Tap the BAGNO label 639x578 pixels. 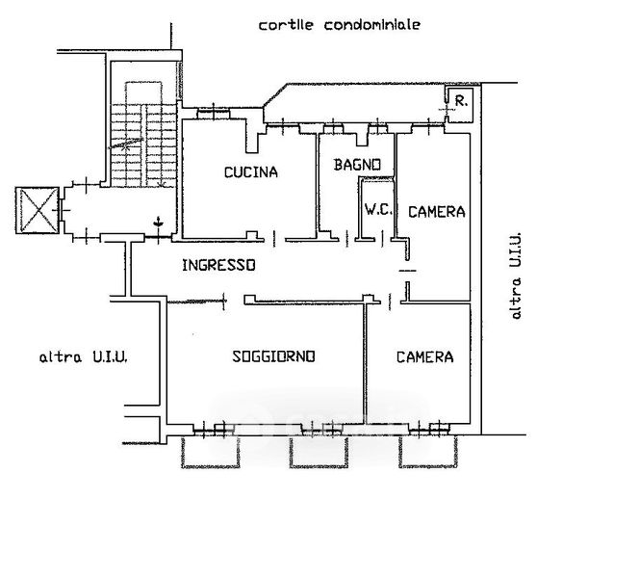[x=358, y=165]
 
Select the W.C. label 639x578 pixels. [x=375, y=208]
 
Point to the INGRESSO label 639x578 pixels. [x=218, y=265]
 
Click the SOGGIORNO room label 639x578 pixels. [x=274, y=356]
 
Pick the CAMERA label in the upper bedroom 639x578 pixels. [x=436, y=211]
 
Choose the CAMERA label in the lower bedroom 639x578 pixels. [x=424, y=356]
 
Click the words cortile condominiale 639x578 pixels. [x=339, y=26]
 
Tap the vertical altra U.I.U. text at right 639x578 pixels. [x=517, y=276]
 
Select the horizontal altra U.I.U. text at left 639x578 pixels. [x=84, y=357]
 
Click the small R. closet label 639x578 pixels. [x=462, y=100]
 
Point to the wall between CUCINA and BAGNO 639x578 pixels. [x=318, y=183]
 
